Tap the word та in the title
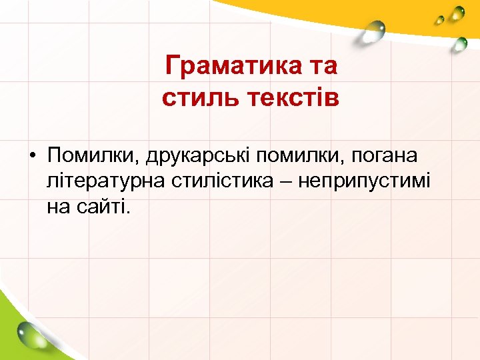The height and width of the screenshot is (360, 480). click(321, 67)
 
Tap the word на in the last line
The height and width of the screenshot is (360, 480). click(58, 207)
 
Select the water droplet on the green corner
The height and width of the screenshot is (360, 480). click(29, 331)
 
